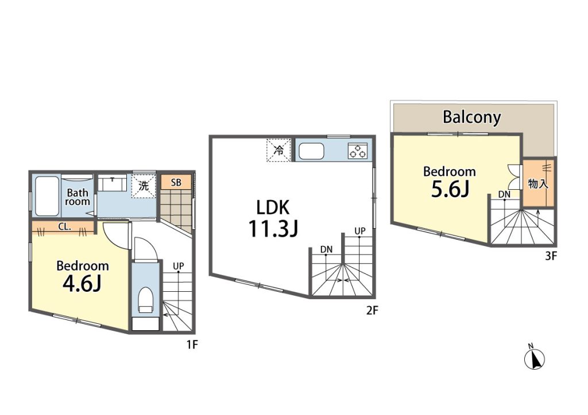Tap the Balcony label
coord(471,117)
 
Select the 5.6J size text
coord(450,189)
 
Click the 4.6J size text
coord(82,284)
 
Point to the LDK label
coord(273,207)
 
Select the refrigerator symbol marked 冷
coord(278,150)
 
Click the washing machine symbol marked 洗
coord(143,186)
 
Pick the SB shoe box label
coord(176,183)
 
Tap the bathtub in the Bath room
coord(47,196)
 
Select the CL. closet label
coord(64,227)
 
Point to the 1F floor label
coord(192,344)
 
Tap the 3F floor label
coord(551,256)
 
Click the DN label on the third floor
coord(504,194)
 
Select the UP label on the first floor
coord(179,266)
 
